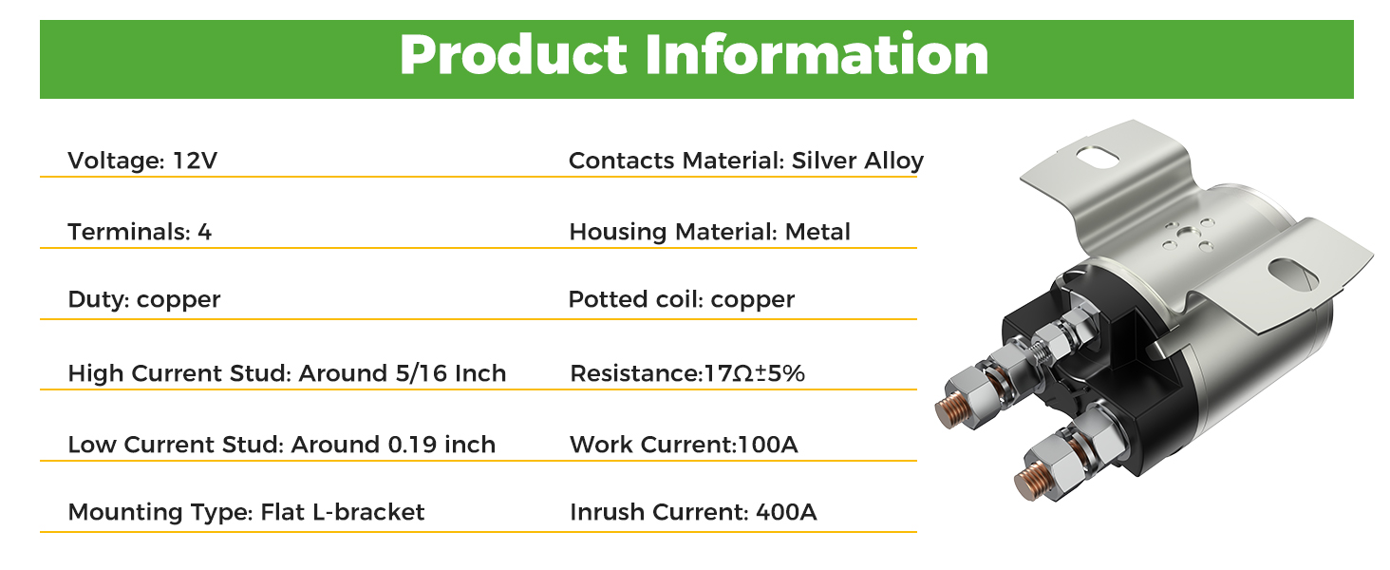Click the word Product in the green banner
[514, 55]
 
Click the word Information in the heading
[817, 55]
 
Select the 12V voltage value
[195, 161]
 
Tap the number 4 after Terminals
[205, 232]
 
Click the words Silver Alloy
[857, 161]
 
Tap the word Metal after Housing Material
[817, 232]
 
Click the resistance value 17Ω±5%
[755, 373]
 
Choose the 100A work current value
[767, 445]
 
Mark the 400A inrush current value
[786, 512]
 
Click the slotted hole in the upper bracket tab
[1098, 155]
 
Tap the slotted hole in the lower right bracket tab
[1292, 275]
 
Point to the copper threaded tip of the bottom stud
[1031, 482]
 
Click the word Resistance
[635, 373]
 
